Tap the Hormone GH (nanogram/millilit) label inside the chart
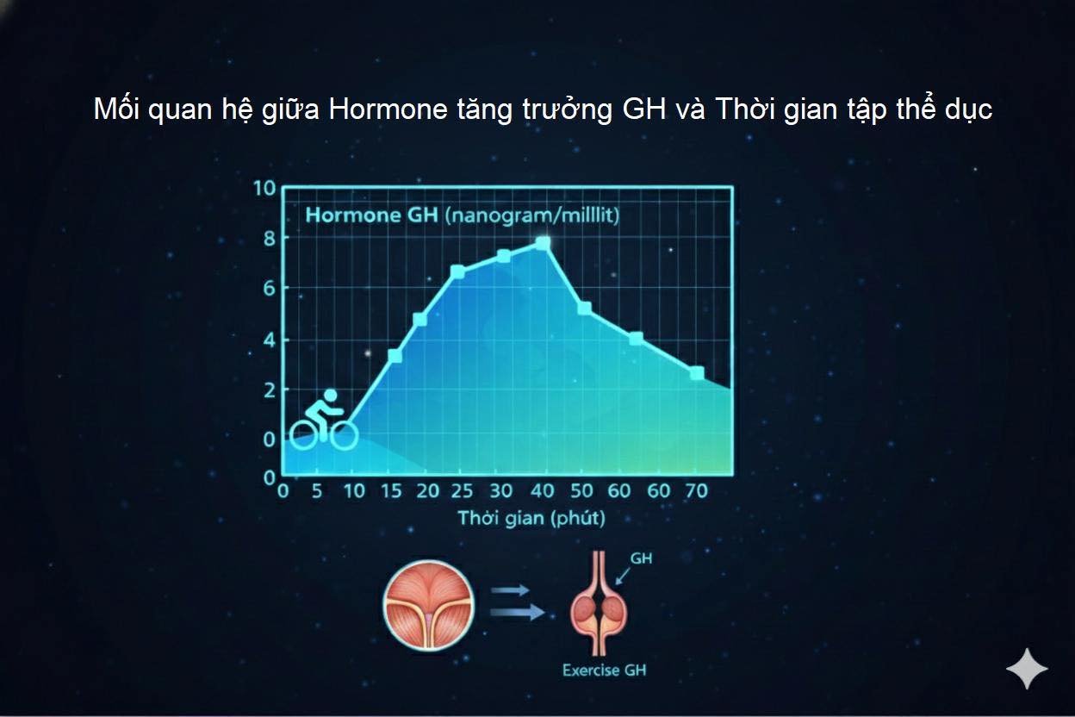462,215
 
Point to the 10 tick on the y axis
264,189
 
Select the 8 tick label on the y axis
269,239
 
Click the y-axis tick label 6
269,289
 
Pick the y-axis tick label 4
269,340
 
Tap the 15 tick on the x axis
391,491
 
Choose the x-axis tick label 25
463,491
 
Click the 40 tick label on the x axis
542,491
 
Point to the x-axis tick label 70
695,491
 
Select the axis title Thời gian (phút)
531,518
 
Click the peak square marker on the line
543,244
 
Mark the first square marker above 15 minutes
395,355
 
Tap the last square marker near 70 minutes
697,373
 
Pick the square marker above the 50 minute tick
585,308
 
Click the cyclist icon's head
330,396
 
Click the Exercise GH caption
602,670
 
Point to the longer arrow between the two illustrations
518,612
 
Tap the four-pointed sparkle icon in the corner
1027,670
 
